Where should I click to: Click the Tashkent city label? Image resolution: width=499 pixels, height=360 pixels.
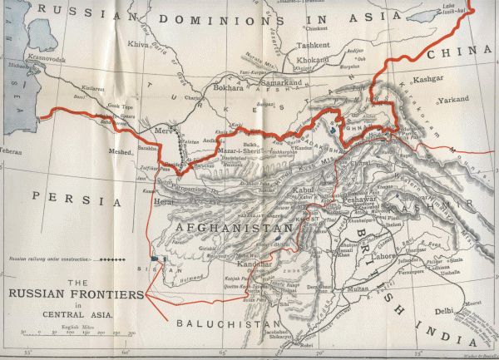314,46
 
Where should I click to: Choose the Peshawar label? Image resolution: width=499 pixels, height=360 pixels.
359,200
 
